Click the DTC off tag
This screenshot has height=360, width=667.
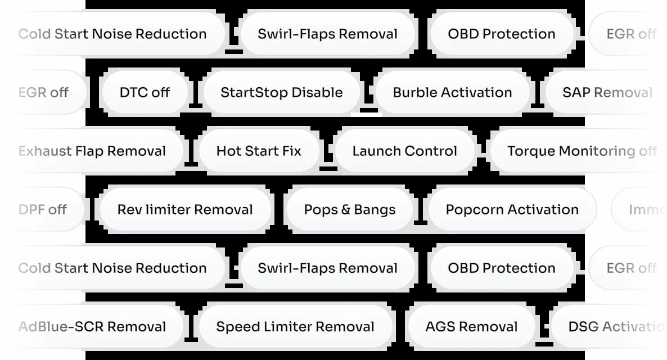click(x=145, y=92)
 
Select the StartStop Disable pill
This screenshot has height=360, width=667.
click(x=281, y=92)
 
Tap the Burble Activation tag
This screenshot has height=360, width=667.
click(x=452, y=92)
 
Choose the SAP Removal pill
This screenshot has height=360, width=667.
click(x=607, y=92)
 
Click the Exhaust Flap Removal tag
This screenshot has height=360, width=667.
click(x=92, y=151)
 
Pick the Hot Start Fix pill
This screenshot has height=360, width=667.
click(x=259, y=151)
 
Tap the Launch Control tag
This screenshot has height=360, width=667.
click(x=404, y=151)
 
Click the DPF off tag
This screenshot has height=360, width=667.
click(x=43, y=209)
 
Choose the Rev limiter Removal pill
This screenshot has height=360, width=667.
click(x=185, y=209)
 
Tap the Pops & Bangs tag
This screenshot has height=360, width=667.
click(x=350, y=209)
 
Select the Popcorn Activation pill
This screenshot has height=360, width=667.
click(x=512, y=209)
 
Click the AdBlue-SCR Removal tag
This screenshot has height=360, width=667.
click(x=92, y=326)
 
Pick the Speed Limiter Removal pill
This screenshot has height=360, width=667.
click(x=295, y=326)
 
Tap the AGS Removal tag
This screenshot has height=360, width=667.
click(x=471, y=326)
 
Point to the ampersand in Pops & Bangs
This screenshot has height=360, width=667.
click(x=347, y=210)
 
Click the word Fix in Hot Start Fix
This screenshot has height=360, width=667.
click(x=291, y=151)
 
